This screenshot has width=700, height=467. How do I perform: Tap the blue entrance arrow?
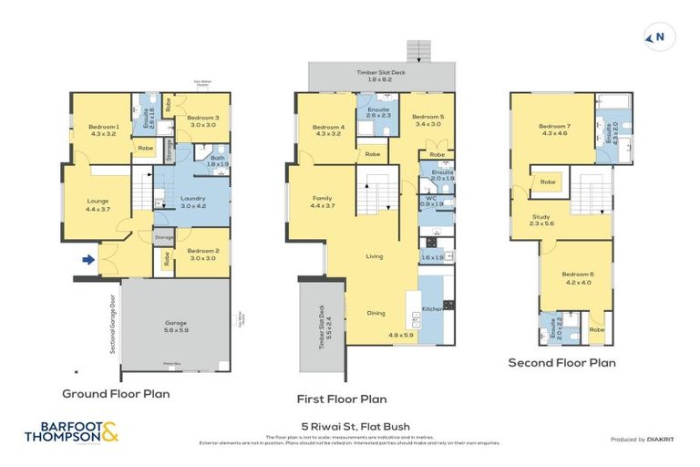[x=87, y=260]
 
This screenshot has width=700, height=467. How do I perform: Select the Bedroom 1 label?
[x=103, y=127]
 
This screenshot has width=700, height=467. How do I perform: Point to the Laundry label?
[x=192, y=198]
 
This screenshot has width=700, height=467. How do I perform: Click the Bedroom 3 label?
[x=203, y=119]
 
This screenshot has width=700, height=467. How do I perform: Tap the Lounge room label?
[x=98, y=202]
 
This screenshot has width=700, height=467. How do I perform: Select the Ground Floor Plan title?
[x=116, y=394]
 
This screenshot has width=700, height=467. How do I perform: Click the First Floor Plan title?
[x=342, y=399]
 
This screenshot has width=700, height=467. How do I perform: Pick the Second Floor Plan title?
[x=562, y=362]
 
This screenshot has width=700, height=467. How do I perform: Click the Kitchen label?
[x=432, y=310]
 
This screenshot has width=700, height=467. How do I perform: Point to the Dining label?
[x=376, y=313]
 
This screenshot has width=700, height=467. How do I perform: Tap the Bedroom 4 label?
[x=328, y=127]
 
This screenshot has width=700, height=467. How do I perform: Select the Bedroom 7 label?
[x=553, y=127]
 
